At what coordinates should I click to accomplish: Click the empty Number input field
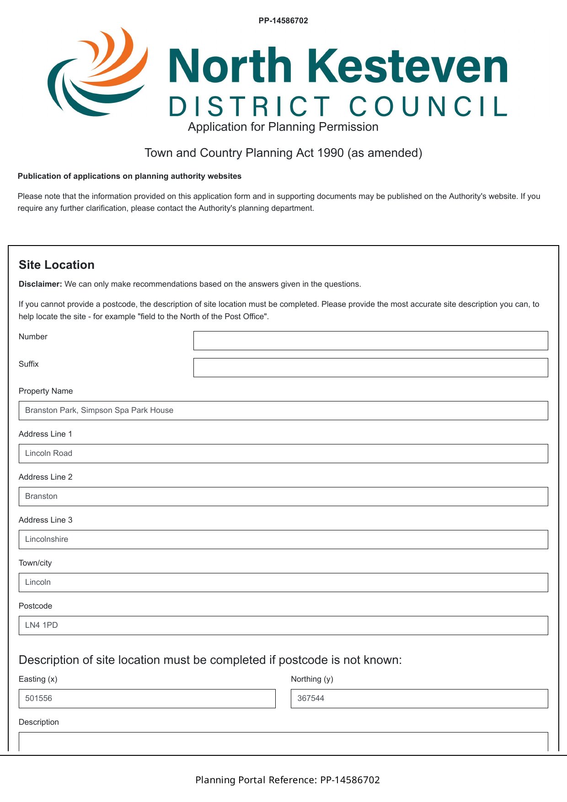(370, 341)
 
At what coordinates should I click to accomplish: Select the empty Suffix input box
(370, 368)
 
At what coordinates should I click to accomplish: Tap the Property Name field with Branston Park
(283, 411)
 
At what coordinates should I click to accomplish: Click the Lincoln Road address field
(283, 454)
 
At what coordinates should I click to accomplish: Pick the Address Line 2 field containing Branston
(283, 497)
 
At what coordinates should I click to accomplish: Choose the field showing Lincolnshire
(283, 540)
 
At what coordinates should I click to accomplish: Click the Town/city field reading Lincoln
(283, 583)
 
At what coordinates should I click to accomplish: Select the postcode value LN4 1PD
(42, 625)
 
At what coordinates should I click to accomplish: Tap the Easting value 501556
(39, 698)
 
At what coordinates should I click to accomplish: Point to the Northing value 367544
(311, 698)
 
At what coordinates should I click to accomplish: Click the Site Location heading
(57, 265)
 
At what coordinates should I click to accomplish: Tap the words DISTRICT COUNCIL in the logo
(338, 107)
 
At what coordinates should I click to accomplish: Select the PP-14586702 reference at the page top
(283, 21)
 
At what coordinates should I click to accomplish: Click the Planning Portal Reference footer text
(288, 780)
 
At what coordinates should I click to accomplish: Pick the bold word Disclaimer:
(40, 284)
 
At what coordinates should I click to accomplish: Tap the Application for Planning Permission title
(283, 127)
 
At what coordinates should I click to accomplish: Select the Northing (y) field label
(312, 679)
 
